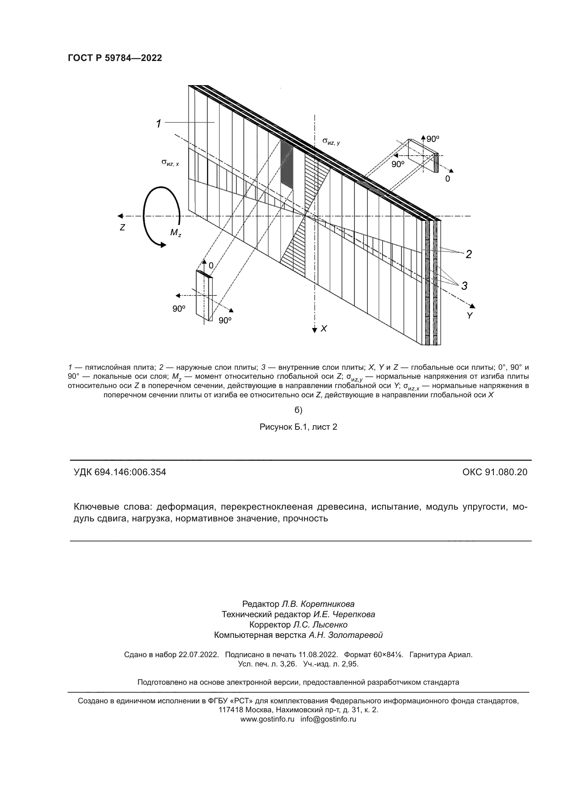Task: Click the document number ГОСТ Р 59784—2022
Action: [x=115, y=58]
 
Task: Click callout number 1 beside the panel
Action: [x=159, y=124]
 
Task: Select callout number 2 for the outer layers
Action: [x=469, y=255]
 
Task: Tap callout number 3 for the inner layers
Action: [x=464, y=286]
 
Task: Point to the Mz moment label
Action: [x=175, y=233]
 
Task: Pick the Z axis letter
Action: [x=122, y=228]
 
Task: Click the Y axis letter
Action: [x=470, y=316]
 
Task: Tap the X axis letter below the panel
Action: [x=324, y=329]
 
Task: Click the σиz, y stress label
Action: [x=331, y=142]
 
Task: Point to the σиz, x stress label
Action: [x=170, y=162]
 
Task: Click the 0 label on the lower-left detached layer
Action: [x=211, y=265]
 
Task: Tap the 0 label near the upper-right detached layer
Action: [x=447, y=179]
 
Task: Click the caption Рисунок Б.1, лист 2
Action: [x=298, y=427]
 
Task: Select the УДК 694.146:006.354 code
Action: [x=120, y=472]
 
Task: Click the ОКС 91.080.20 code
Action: [x=495, y=472]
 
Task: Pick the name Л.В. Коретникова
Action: [x=318, y=604]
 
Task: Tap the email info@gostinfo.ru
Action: [x=328, y=719]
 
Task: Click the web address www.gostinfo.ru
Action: [x=267, y=719]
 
